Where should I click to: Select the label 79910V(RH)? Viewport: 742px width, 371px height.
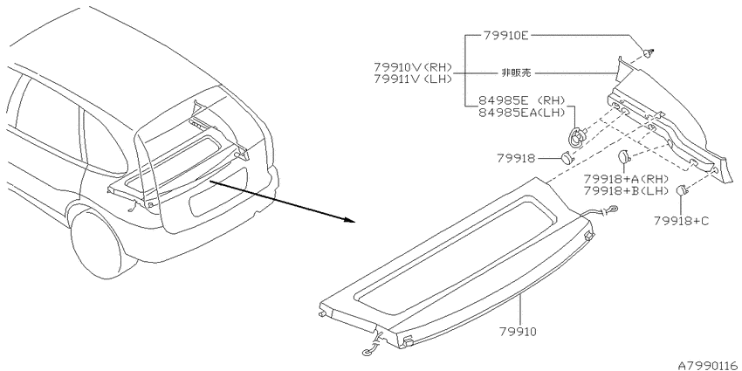(413, 66)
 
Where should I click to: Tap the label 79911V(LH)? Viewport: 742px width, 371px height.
(413, 79)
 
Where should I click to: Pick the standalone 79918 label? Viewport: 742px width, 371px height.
(516, 159)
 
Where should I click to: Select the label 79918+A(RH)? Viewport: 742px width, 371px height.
(626, 179)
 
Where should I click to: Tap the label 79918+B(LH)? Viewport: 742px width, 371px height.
(626, 191)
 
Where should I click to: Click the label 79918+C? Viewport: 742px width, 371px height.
(682, 221)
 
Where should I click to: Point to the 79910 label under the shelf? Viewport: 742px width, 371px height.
(518, 332)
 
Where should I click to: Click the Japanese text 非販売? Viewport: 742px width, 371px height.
(516, 72)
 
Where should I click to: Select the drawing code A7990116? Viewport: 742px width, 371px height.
(709, 366)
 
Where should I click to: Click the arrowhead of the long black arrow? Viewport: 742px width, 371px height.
(350, 220)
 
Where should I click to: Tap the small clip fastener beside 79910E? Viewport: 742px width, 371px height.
(650, 52)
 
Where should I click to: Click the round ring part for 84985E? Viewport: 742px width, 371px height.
(577, 137)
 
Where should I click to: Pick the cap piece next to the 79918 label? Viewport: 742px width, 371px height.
(567, 158)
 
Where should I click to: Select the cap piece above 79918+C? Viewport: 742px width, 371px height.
(681, 189)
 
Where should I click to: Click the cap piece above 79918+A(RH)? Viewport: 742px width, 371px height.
(623, 156)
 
